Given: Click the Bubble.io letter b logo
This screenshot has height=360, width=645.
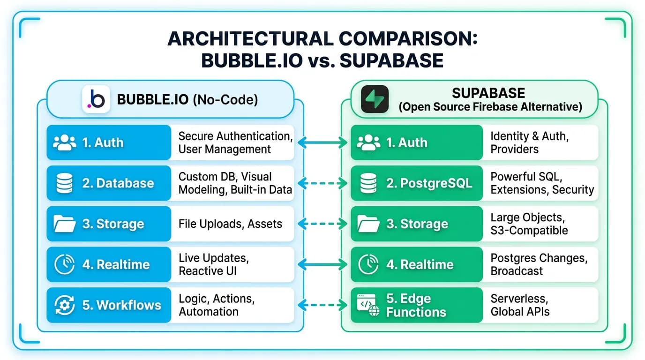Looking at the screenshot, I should click(96, 99).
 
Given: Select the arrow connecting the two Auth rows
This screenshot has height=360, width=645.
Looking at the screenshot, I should click(322, 142).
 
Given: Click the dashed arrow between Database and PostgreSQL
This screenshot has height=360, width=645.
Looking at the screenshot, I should click(322, 183).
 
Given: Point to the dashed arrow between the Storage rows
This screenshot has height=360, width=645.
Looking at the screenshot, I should click(322, 224).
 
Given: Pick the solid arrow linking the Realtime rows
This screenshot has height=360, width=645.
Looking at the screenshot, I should click(322, 264).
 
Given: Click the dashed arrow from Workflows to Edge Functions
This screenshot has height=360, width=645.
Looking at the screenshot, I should click(322, 305).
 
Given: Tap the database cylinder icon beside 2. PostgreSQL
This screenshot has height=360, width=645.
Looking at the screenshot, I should click(368, 183).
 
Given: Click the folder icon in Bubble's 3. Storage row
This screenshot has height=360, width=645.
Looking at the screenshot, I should click(65, 224).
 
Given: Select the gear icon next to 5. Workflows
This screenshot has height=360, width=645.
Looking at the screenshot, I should click(65, 305).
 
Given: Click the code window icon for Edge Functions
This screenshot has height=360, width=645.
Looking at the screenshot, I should click(368, 305).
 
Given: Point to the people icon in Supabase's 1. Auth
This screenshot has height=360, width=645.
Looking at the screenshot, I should click(368, 142).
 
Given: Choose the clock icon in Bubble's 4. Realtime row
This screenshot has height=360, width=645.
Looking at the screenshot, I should click(65, 264).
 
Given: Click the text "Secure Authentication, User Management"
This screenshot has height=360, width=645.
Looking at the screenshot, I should click(235, 142).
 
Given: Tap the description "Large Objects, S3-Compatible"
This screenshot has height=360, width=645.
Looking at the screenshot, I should click(529, 224).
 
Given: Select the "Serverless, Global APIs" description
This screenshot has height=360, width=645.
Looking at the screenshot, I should click(520, 305).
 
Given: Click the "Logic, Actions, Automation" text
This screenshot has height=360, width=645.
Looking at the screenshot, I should click(217, 305).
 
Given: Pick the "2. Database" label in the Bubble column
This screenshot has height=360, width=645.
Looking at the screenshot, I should click(118, 183).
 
